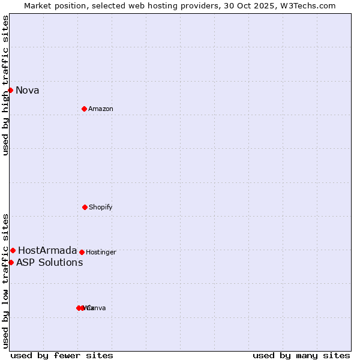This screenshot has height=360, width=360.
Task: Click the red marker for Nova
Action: [x=11, y=90]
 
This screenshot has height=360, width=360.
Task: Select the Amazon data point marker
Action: [x=84, y=109]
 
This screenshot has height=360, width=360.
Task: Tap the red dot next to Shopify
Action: [x=85, y=207]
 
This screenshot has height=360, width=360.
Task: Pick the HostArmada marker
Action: [x=13, y=250]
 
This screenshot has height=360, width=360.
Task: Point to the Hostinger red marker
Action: [x=82, y=252]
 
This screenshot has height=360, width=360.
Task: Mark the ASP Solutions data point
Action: [x=11, y=262]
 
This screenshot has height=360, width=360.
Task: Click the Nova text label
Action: [x=28, y=91]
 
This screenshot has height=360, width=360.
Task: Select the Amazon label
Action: [x=101, y=109]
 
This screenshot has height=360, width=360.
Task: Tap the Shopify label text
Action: [x=101, y=208]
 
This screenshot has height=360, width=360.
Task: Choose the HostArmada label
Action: [x=47, y=251]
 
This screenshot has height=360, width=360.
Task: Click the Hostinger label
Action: [x=101, y=253]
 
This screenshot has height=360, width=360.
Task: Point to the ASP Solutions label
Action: [x=49, y=263]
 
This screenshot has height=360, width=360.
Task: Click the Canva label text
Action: [x=96, y=308]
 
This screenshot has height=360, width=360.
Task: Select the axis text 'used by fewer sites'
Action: [x=62, y=356]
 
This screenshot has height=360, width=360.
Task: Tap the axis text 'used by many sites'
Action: [x=301, y=356]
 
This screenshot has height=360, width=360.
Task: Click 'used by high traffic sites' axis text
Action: [x=5, y=85]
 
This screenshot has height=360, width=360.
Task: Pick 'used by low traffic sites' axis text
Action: [x=5, y=281]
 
